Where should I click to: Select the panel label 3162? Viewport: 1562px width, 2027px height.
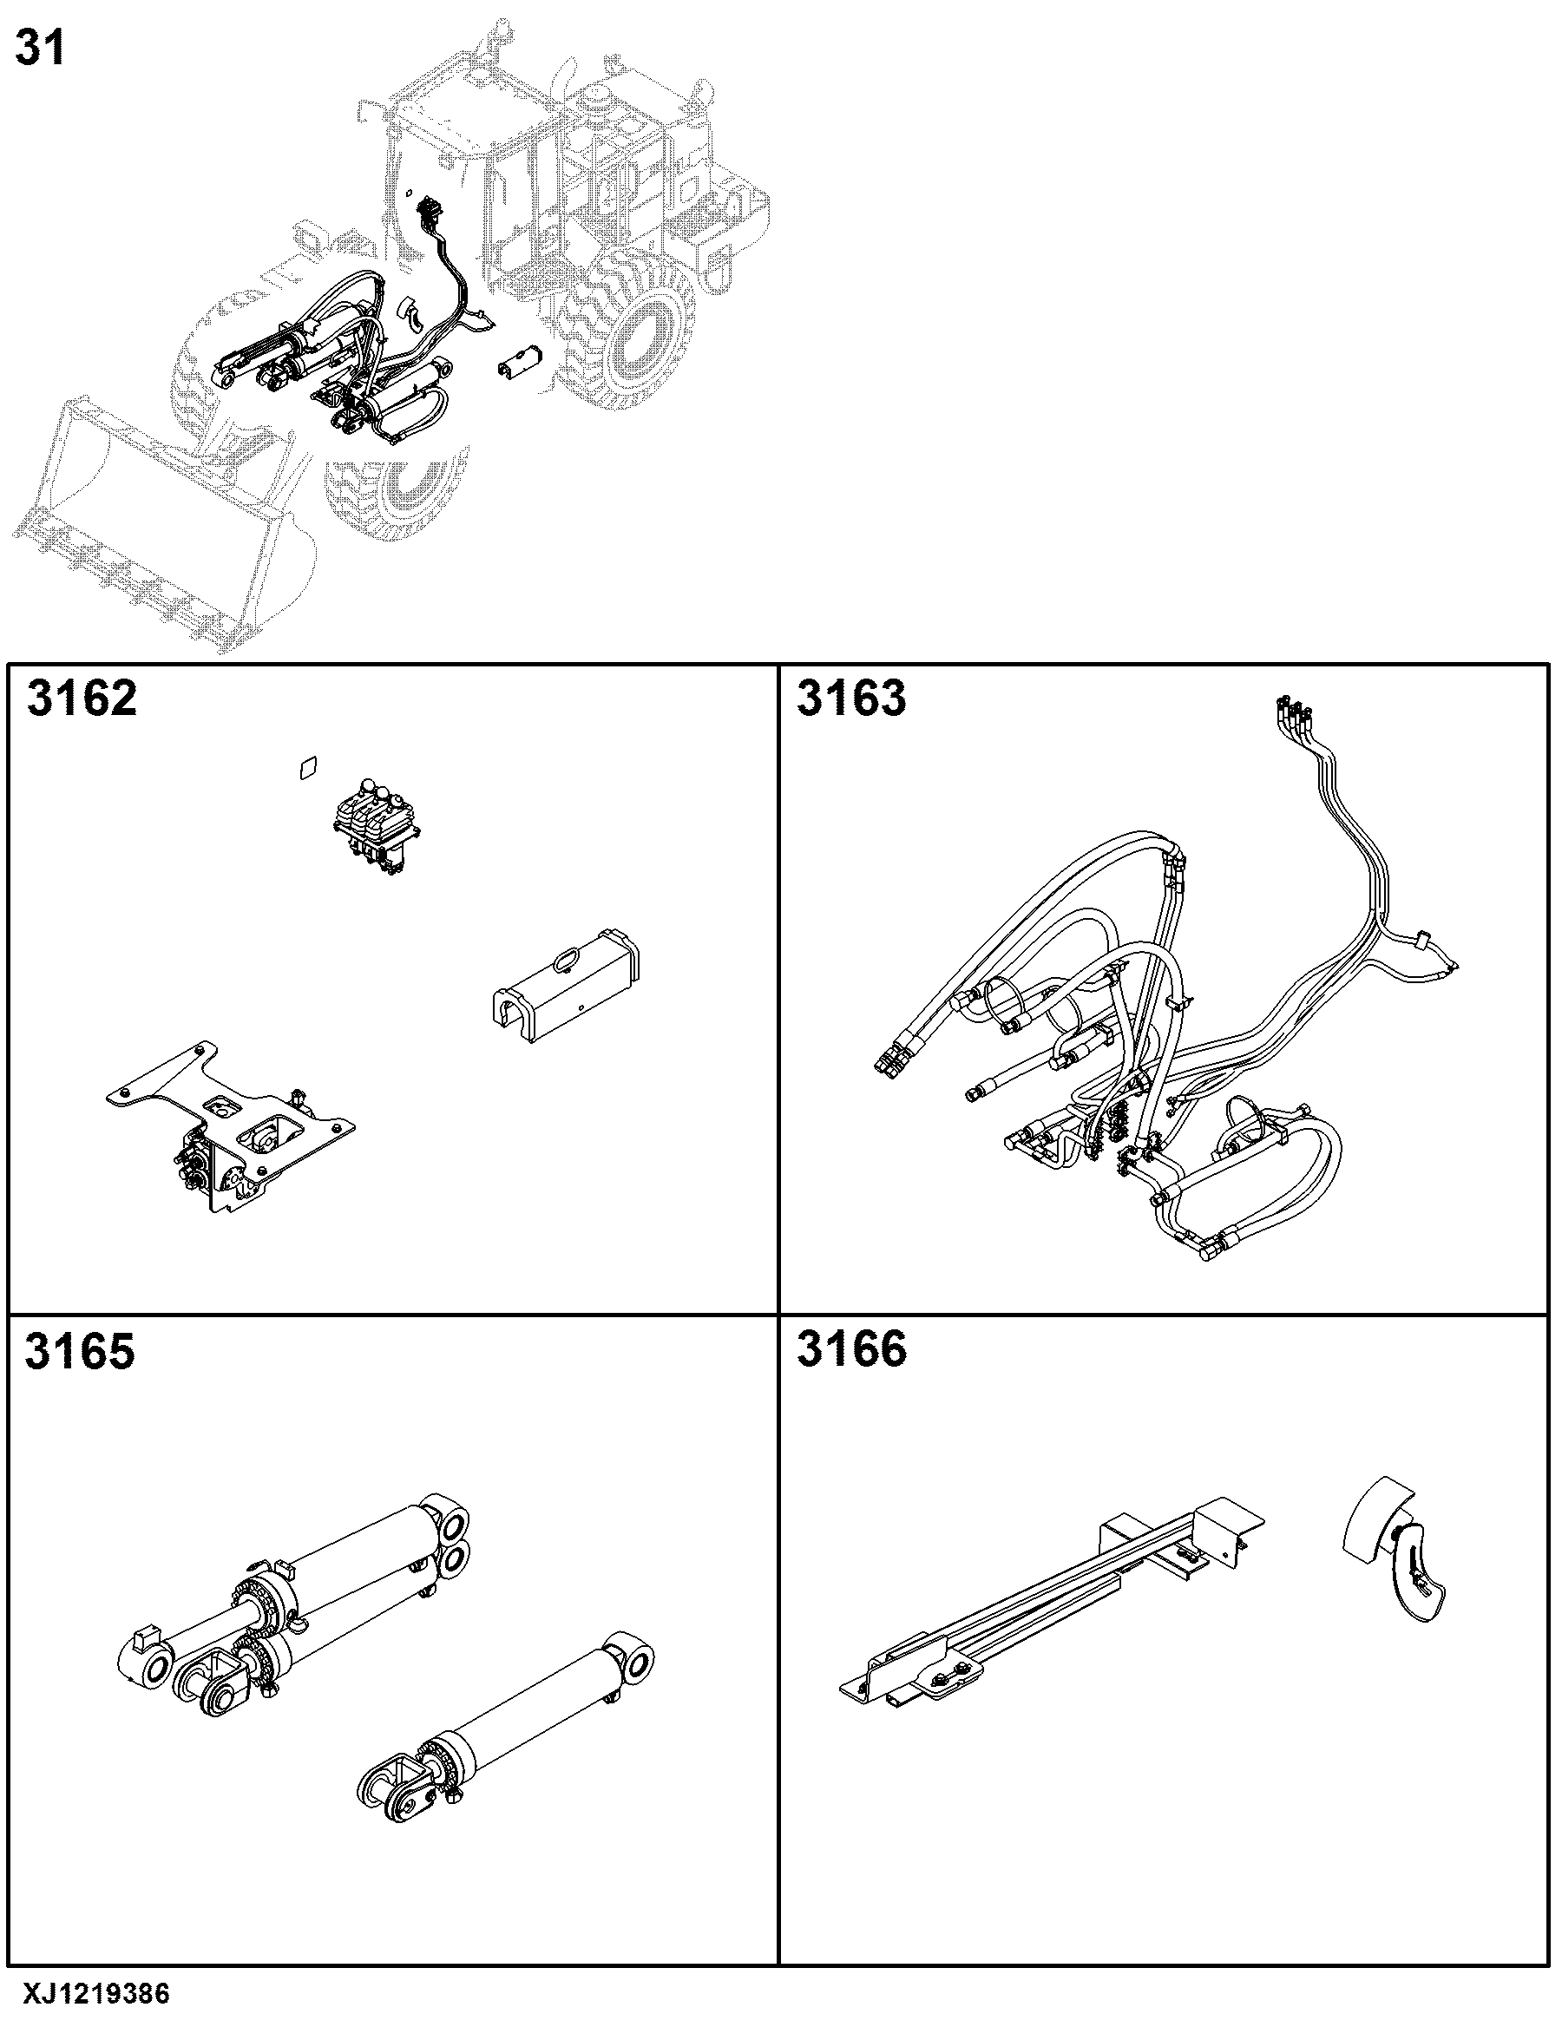click(82, 698)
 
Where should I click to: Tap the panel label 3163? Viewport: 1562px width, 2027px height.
click(851, 698)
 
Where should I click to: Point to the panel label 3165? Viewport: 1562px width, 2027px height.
click(80, 1351)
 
